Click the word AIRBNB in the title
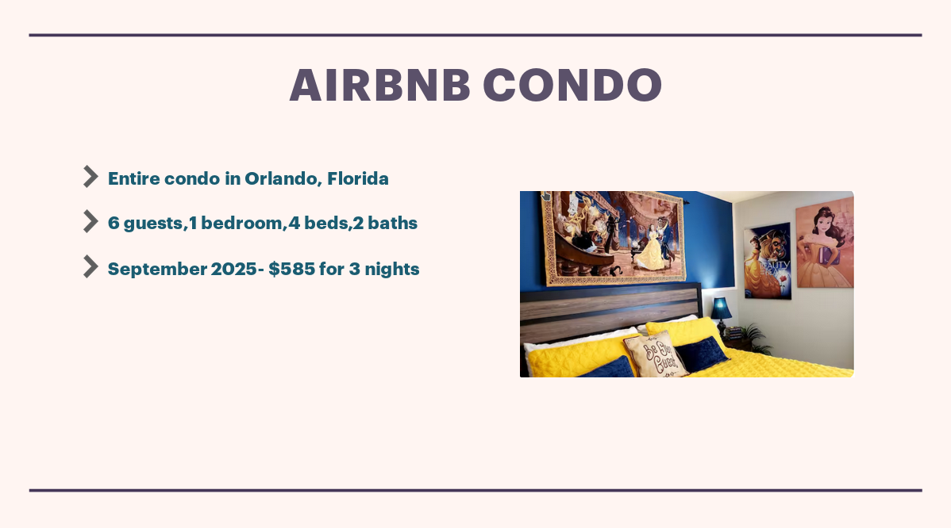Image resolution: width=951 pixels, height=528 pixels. [x=379, y=85]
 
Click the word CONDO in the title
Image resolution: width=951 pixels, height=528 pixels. [x=572, y=85]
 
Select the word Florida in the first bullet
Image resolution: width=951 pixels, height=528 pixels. [x=357, y=178]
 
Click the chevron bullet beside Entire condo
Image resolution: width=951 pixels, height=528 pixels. [x=90, y=177]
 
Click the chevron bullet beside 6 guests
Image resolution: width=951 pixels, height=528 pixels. [x=90, y=222]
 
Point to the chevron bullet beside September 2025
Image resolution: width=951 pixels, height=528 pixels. [x=90, y=267]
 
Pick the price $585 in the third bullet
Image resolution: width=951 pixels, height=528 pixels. [x=291, y=269]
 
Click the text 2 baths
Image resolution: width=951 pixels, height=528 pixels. [x=385, y=224]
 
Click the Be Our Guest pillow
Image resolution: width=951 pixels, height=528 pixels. [x=656, y=354]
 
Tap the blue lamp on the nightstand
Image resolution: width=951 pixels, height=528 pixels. [x=721, y=309]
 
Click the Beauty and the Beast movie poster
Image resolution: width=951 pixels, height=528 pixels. [x=767, y=261]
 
